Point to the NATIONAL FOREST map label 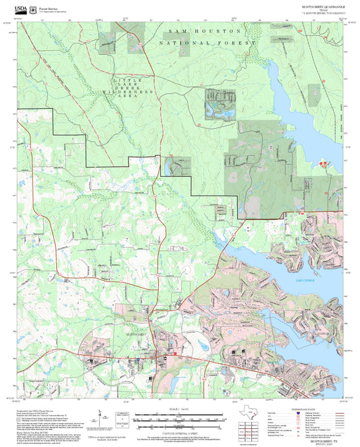point(208,43)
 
